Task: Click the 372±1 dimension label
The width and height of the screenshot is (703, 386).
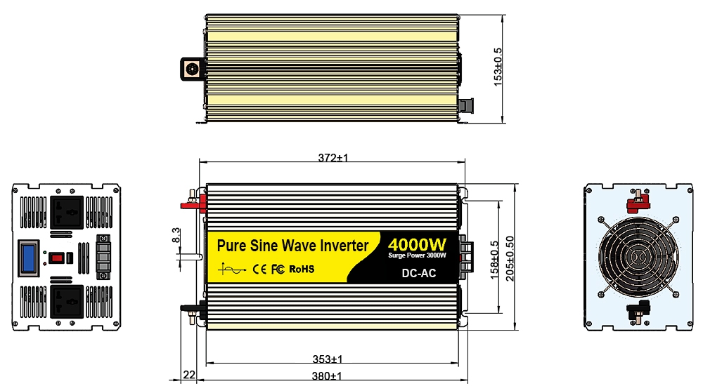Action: coord(333,158)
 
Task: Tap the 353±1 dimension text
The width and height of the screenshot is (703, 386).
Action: coord(328,359)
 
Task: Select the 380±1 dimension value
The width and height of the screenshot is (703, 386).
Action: coord(328,376)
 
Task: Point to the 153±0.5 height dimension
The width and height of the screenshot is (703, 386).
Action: coord(498,67)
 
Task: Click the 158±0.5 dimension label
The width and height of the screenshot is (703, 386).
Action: coord(494,260)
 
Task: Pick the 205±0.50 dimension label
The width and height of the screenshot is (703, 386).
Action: coord(510,258)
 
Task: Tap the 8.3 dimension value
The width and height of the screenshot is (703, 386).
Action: coord(176,236)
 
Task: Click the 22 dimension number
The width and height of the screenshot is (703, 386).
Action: coord(189,374)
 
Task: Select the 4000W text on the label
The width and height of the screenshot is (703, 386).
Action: coord(417,244)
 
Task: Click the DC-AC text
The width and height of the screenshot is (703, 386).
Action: coord(419,273)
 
